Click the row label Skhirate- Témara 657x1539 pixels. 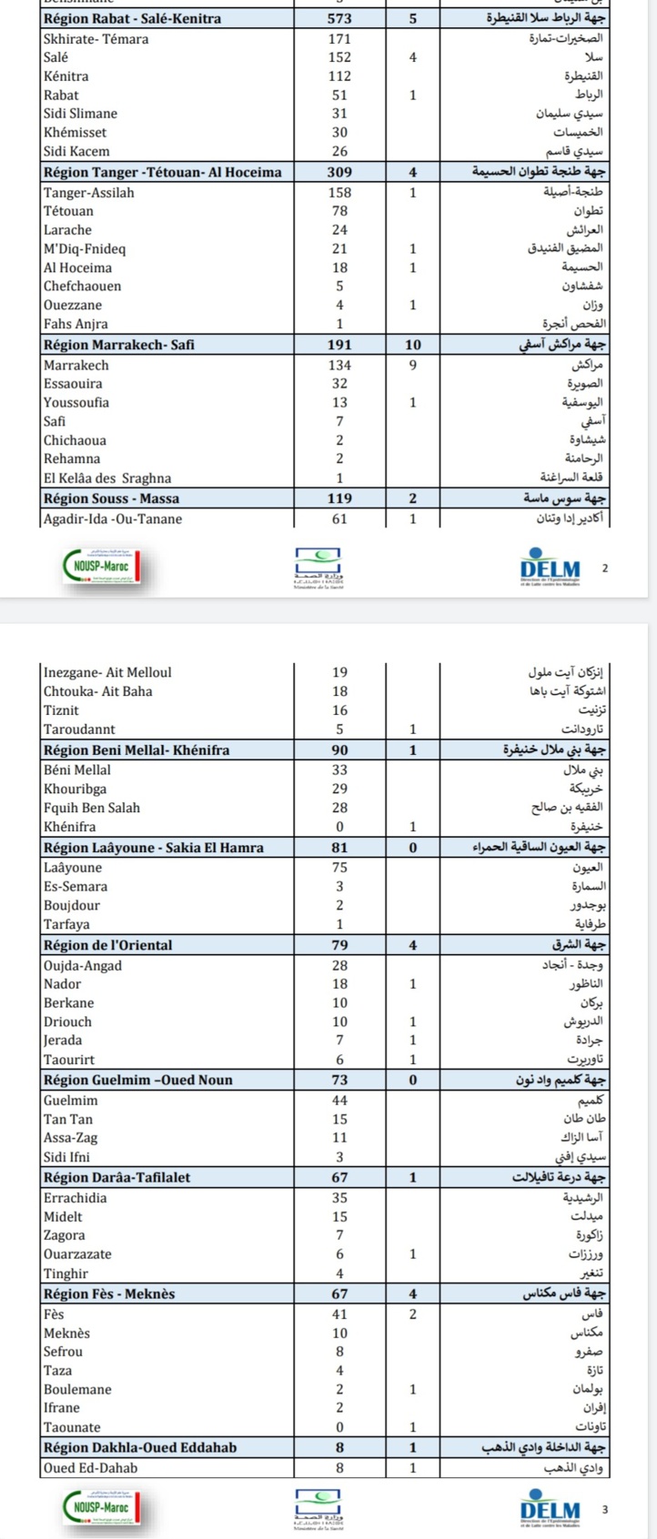[x=96, y=39]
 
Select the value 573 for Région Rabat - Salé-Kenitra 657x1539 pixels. [x=339, y=18]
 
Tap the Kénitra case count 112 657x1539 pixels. [x=339, y=76]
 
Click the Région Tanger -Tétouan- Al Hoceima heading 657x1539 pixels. [x=162, y=172]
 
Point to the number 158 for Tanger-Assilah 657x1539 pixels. [x=339, y=192]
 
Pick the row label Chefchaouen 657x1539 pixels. [x=82, y=287]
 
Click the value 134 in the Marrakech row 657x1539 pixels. [x=339, y=365]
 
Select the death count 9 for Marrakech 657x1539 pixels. [x=412, y=365]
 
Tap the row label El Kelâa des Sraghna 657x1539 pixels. [x=107, y=478]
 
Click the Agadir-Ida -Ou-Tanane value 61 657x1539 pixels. [x=339, y=519]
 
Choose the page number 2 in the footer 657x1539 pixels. [x=605, y=568]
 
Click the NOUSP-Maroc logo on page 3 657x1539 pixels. [x=103, y=1508]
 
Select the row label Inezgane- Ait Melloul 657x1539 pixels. [x=107, y=673]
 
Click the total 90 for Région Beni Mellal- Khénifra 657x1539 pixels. [x=339, y=750]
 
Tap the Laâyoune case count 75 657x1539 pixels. [x=339, y=868]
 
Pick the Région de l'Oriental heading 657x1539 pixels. [x=107, y=945]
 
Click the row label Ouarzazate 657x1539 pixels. [x=77, y=1254]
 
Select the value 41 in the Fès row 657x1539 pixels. [x=339, y=1314]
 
